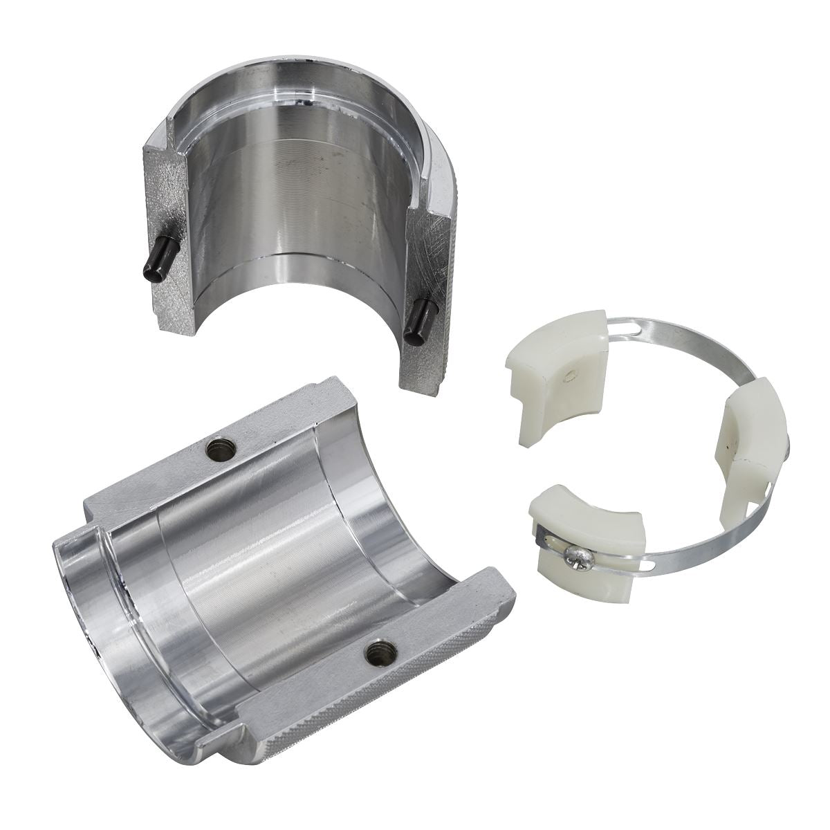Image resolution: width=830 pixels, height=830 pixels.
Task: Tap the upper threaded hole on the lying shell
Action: [x=223, y=450]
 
